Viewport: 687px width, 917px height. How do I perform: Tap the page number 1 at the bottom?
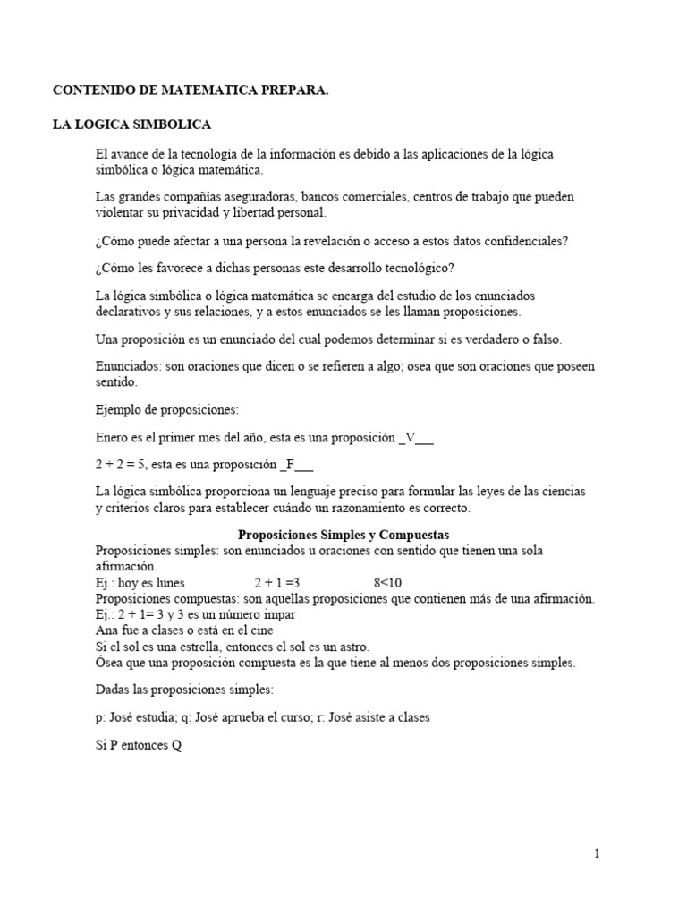click(597, 853)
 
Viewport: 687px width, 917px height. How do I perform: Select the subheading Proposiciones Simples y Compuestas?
click(343, 535)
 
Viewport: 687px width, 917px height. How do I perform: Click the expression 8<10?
click(387, 583)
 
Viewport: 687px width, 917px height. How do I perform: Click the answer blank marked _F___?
click(296, 465)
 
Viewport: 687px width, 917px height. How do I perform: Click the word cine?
click(261, 630)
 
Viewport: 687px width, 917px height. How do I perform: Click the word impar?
click(279, 615)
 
